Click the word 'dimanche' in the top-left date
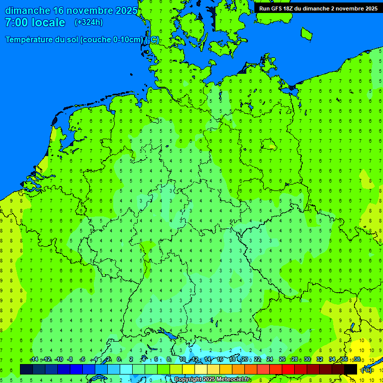click(x=27, y=10)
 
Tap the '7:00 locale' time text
click(x=35, y=22)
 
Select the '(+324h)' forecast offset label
click(x=89, y=22)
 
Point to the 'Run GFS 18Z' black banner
click(x=318, y=8)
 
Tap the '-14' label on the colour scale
click(x=34, y=360)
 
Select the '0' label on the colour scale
click(x=119, y=360)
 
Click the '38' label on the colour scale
click(x=357, y=360)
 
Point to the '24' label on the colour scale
click(x=270, y=360)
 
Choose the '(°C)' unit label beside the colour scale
click(x=366, y=370)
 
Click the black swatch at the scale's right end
click(x=351, y=369)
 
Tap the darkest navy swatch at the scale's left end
click(x=26, y=369)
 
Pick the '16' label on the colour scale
click(x=220, y=360)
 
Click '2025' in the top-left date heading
click(x=126, y=10)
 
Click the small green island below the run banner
click(x=306, y=33)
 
